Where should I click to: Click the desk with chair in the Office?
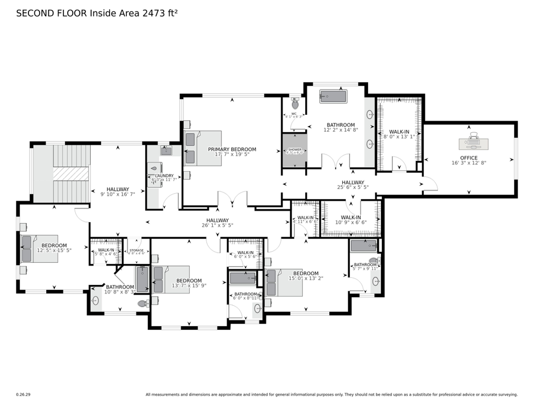[474, 143]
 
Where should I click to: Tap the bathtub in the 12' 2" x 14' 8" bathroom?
[334, 97]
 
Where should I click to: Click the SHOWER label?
[294, 150]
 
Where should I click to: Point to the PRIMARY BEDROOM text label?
[232, 150]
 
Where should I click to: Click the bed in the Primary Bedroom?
[203, 148]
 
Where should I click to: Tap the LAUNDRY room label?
[164, 176]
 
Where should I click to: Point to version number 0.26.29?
[24, 395]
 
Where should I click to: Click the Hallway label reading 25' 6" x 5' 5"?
[352, 182]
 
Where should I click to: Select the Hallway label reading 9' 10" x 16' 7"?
[117, 189]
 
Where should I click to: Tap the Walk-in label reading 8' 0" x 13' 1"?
[399, 132]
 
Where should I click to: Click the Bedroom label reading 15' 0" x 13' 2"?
[306, 274]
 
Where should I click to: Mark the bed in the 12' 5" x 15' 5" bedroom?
[39, 248]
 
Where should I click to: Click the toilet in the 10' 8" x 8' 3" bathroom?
[142, 304]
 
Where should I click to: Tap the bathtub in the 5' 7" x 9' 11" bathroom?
[364, 246]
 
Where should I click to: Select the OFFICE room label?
[468, 158]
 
